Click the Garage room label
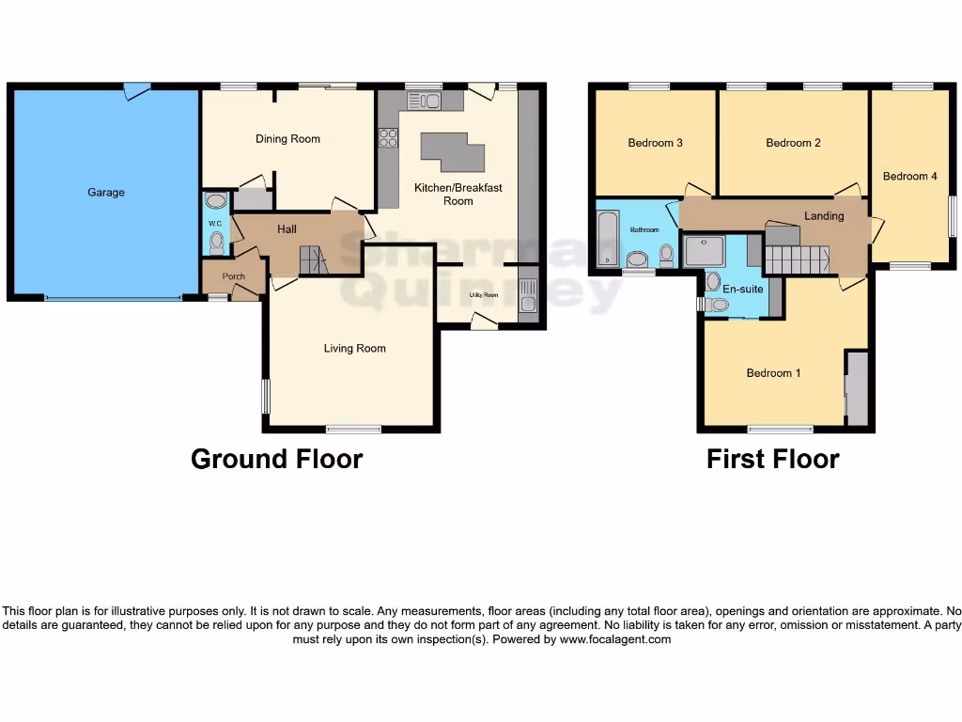[x=106, y=192]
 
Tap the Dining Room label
[x=287, y=139]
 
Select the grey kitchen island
[x=452, y=150]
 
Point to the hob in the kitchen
[x=388, y=139]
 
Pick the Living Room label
[x=354, y=349]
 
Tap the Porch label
[x=233, y=276]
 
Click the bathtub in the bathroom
[x=605, y=239]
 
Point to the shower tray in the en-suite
[x=706, y=251]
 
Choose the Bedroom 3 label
[x=655, y=143]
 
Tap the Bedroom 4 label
[x=909, y=177]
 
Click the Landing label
[x=824, y=216]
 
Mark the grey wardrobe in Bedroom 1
[x=857, y=388]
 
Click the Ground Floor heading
[x=276, y=459]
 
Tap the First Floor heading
[x=772, y=459]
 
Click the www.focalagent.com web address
[x=616, y=639]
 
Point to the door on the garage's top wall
[x=137, y=90]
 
